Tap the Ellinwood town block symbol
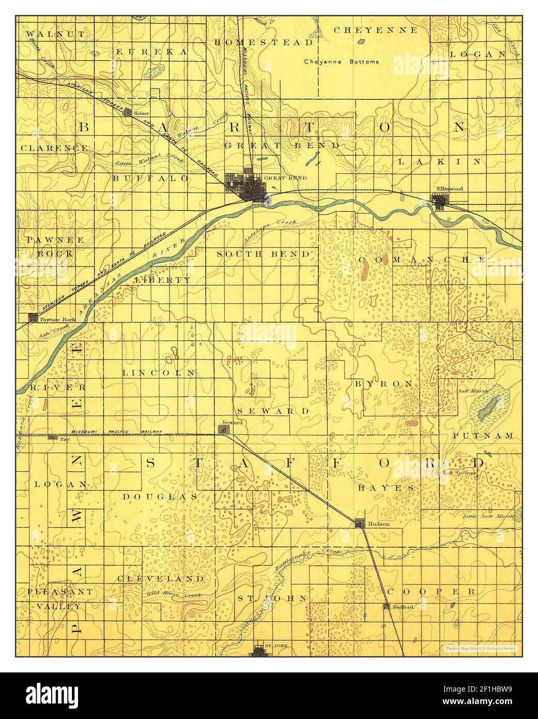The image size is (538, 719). point(441,201)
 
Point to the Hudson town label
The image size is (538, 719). point(379,523)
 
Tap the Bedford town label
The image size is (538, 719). point(404,607)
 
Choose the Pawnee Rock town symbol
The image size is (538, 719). point(34,317)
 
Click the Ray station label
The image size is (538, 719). point(65,438)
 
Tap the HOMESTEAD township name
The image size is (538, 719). point(264,42)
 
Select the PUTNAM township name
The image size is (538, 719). point(483,436)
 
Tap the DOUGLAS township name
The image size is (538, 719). point(160,496)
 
